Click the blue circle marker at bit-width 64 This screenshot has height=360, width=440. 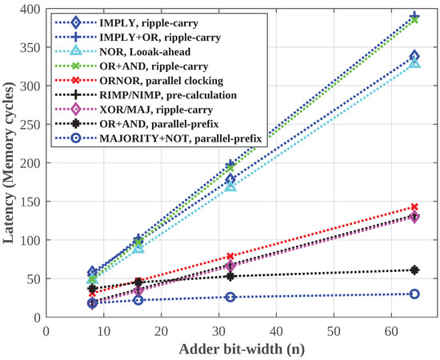point(414,294)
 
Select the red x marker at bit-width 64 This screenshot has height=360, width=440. point(414,207)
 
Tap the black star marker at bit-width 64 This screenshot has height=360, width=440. point(414,270)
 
